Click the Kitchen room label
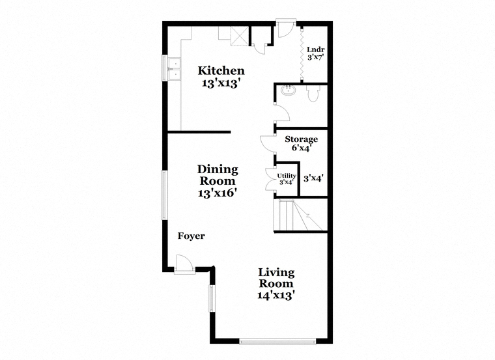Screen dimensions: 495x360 [221, 71]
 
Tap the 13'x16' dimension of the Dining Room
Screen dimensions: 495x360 [218, 193]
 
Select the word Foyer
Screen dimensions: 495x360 [191, 236]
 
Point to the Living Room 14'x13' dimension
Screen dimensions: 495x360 [276, 296]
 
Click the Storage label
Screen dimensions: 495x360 [301, 139]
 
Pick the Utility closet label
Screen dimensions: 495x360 [287, 176]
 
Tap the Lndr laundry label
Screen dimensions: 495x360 [316, 50]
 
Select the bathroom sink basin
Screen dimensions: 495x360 [288, 90]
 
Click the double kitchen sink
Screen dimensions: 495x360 [174, 69]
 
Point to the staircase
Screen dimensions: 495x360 [300, 215]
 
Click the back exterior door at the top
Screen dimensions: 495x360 [286, 29]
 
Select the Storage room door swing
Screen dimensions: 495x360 [268, 144]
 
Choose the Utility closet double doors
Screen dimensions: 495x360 [270, 179]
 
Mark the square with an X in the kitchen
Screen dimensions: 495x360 [240, 36]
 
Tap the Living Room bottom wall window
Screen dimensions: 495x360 [277, 341]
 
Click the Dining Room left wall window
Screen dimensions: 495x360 [164, 195]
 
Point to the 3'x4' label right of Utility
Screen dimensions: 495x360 [313, 178]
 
